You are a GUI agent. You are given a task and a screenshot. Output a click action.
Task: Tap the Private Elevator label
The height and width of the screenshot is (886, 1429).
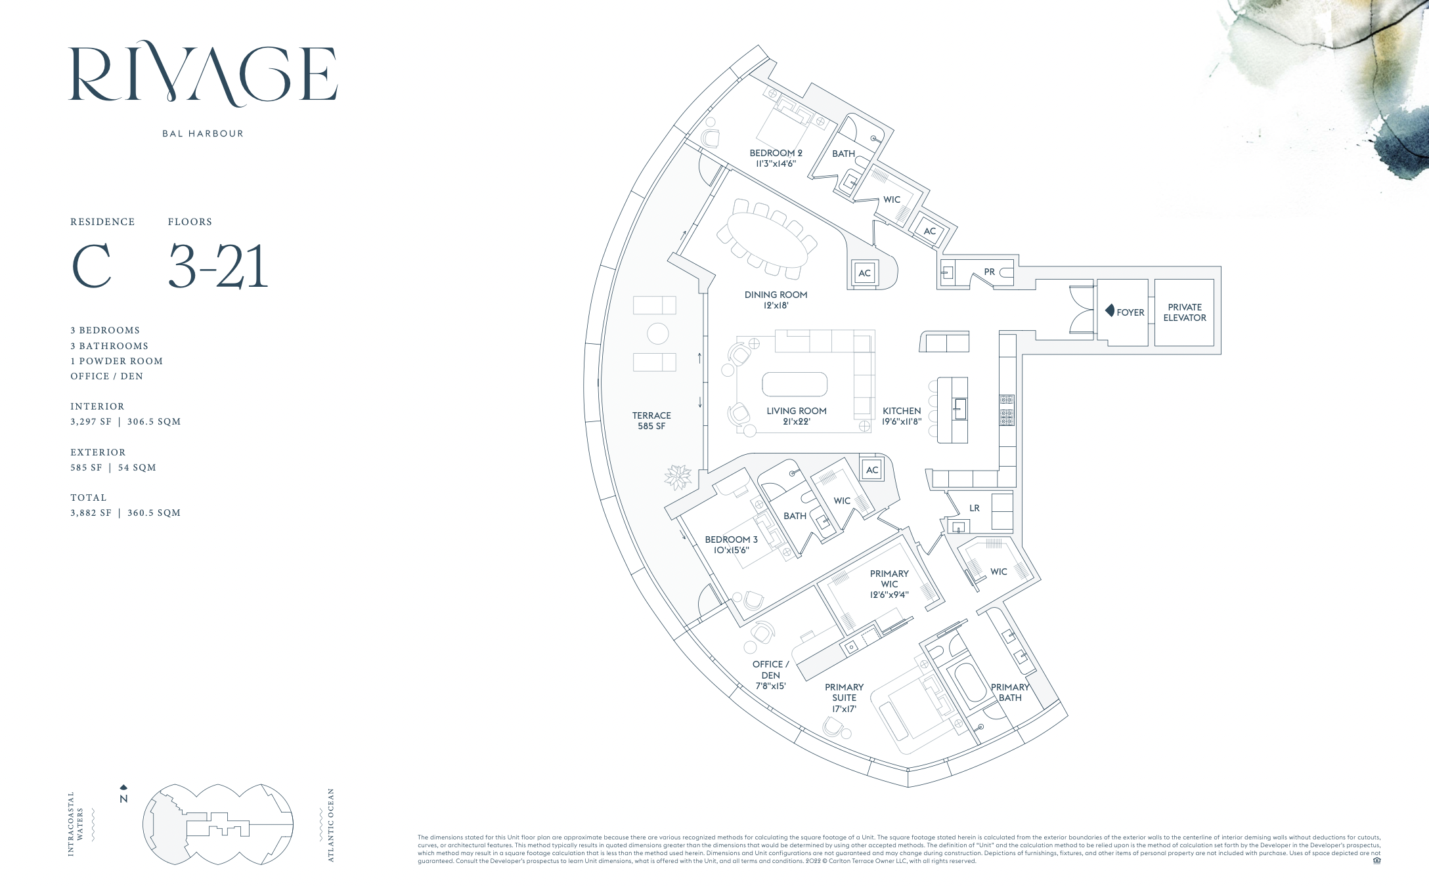(1185, 312)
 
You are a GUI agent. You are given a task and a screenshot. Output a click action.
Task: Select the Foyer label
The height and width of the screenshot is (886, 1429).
(1130, 312)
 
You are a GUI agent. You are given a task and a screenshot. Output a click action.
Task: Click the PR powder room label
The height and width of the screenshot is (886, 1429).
(990, 272)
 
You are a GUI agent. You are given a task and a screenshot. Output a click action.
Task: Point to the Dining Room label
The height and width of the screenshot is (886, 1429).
(776, 295)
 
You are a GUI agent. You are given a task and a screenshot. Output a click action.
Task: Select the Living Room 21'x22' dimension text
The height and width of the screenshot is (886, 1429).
(796, 422)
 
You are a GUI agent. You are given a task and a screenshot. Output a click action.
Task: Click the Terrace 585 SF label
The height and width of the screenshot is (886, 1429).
(651, 421)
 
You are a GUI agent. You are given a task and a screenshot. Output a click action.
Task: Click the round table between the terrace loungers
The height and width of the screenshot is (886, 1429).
(657, 333)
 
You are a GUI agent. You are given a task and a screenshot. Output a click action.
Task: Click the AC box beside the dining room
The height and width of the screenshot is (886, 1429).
(864, 274)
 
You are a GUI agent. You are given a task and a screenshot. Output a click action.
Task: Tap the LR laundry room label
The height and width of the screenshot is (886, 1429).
(975, 508)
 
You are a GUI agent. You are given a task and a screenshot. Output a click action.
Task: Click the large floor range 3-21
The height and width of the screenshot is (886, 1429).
(219, 266)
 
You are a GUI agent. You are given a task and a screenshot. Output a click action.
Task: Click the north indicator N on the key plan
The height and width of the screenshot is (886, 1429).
(123, 799)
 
